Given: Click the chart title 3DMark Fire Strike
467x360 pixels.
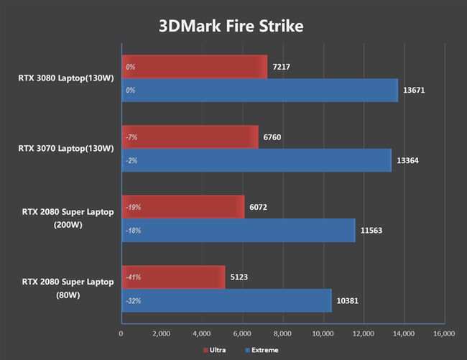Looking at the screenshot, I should pyautogui.click(x=231, y=27).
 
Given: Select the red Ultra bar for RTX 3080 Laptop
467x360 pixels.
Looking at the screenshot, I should pyautogui.click(x=194, y=68).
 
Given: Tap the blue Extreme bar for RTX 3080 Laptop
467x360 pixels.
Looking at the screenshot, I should pyautogui.click(x=259, y=91).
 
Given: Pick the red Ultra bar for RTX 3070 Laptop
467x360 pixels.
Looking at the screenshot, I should pyautogui.click(x=190, y=137).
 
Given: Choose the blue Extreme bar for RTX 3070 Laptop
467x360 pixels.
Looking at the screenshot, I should pyautogui.click(x=256, y=160).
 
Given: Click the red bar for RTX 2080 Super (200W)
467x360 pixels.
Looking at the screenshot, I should pyautogui.click(x=182, y=207).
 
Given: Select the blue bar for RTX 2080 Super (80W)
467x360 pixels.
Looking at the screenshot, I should pyautogui.click(x=226, y=300).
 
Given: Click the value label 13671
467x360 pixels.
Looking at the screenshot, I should pyautogui.click(x=415, y=91).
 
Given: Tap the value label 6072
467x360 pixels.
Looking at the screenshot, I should pyautogui.click(x=259, y=207).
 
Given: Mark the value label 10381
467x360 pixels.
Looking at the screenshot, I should pyautogui.click(x=348, y=300).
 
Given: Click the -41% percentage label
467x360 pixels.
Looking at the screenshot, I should pyautogui.click(x=132, y=277).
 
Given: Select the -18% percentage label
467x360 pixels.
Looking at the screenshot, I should pyautogui.click(x=132, y=231).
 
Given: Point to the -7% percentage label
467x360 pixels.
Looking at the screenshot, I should pyautogui.click(x=131, y=137).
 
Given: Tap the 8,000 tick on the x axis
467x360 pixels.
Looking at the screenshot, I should pyautogui.click(x=282, y=334).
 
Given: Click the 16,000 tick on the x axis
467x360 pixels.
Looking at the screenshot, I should pyautogui.click(x=443, y=334).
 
